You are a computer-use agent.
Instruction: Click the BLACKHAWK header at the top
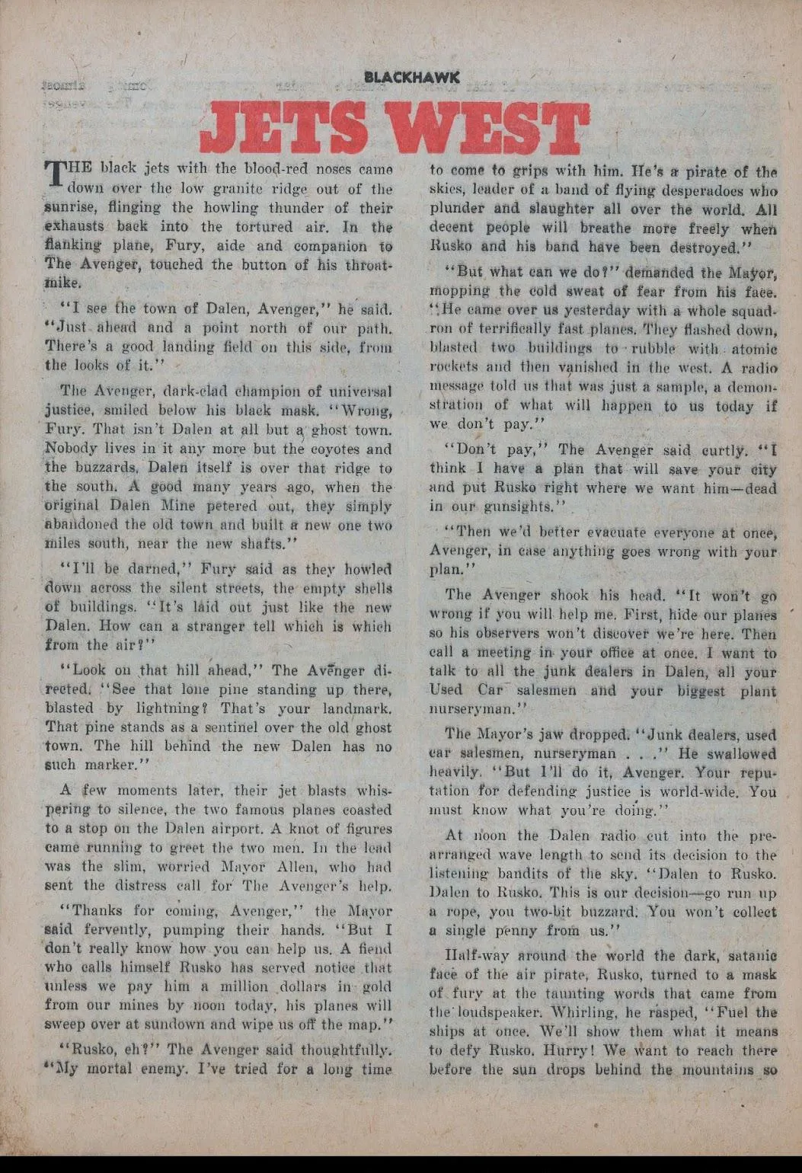412,77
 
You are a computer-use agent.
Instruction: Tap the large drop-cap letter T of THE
56,173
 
